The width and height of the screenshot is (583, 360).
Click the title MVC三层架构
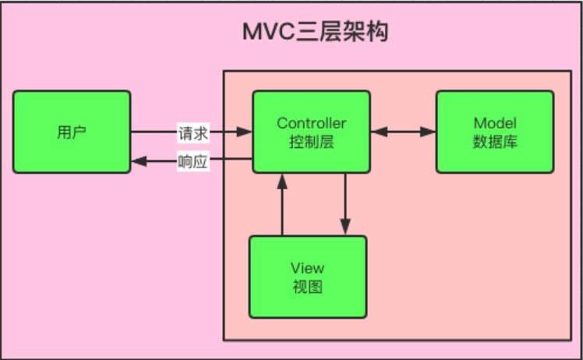316,31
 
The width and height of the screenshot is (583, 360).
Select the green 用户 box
72,132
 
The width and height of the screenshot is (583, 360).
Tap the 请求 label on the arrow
193,132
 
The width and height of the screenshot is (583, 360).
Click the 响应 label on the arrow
193,161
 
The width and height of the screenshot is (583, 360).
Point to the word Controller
312,123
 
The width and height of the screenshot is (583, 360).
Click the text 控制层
312,142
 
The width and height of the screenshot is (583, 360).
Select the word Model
495,123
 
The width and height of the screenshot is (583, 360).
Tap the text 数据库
495,142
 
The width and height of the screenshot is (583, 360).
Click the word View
308,268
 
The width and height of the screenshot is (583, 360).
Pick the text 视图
308,287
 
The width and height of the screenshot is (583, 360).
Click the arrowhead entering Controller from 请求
244,132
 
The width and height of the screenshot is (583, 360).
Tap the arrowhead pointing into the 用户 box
139,161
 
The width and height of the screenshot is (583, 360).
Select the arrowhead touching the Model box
428,132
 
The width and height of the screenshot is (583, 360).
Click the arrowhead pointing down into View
345,227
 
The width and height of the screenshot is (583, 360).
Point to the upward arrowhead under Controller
282,182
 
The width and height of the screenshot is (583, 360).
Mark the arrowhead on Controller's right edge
379,132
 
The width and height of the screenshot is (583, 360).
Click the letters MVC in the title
268,32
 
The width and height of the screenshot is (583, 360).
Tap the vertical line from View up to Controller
282,204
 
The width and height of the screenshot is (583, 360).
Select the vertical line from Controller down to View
345,204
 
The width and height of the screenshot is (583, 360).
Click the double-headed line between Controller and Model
404,132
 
